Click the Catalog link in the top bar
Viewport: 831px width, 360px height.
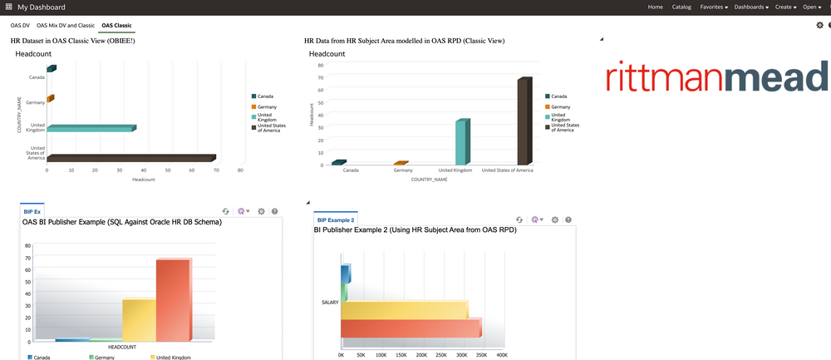point(681,7)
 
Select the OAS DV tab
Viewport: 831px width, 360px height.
point(20,26)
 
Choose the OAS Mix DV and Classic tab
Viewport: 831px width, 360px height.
point(66,26)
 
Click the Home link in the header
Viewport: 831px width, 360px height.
point(656,7)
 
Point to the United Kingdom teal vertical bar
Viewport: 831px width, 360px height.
point(462,142)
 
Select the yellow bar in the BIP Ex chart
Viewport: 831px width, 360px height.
point(139,319)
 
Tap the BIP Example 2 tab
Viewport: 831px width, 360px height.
point(336,219)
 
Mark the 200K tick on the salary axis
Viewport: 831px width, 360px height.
point(421,354)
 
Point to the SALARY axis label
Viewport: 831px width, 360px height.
point(329,303)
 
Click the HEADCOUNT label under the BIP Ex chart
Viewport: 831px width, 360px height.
point(121,347)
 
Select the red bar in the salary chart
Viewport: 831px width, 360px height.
point(411,328)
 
